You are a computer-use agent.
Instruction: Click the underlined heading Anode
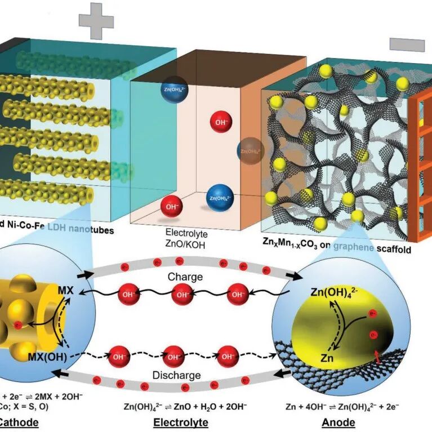coord(338,422)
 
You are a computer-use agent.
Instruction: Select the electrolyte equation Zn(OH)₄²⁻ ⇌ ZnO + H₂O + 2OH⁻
coord(182,404)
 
